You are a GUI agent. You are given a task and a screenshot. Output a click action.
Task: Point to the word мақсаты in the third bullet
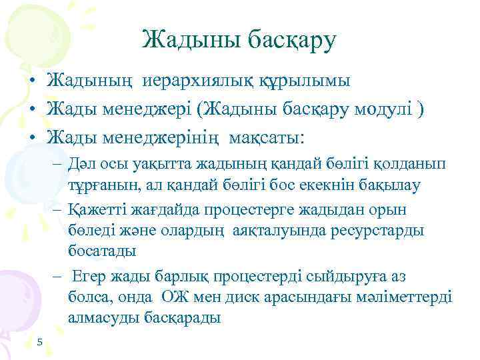(264, 138)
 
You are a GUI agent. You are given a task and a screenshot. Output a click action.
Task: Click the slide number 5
(40, 343)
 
